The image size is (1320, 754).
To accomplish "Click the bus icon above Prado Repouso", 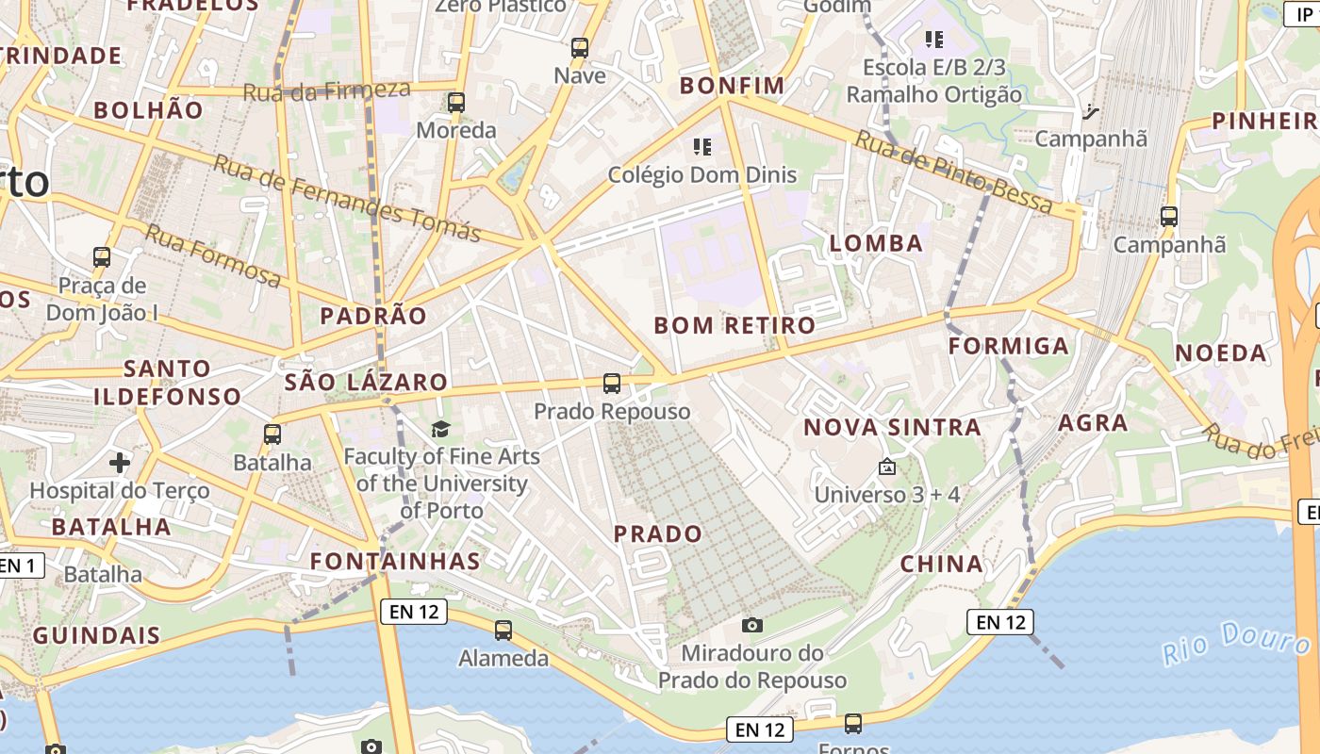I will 612,383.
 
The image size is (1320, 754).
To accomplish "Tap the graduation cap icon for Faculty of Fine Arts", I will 440,430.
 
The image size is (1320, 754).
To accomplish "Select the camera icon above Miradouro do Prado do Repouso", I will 751,624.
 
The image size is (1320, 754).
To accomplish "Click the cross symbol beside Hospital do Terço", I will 119,463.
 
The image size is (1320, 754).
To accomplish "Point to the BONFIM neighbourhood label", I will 733,86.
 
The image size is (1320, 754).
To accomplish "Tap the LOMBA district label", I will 876,243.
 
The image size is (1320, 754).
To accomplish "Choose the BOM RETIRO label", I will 734,326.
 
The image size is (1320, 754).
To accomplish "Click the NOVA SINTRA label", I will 892,427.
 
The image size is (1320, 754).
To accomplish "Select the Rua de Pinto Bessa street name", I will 952,172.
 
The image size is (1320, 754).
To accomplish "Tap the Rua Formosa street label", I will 212,254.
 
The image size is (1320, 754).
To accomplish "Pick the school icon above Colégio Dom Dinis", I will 701,146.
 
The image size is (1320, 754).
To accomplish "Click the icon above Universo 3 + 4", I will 887,467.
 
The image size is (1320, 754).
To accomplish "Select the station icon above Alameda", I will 503,630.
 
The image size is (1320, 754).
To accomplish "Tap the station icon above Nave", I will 580,47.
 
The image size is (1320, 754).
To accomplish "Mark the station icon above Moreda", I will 456,102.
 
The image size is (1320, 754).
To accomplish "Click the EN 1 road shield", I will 21,565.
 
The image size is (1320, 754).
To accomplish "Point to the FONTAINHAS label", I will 396,561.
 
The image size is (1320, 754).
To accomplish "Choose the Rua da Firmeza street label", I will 327,90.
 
